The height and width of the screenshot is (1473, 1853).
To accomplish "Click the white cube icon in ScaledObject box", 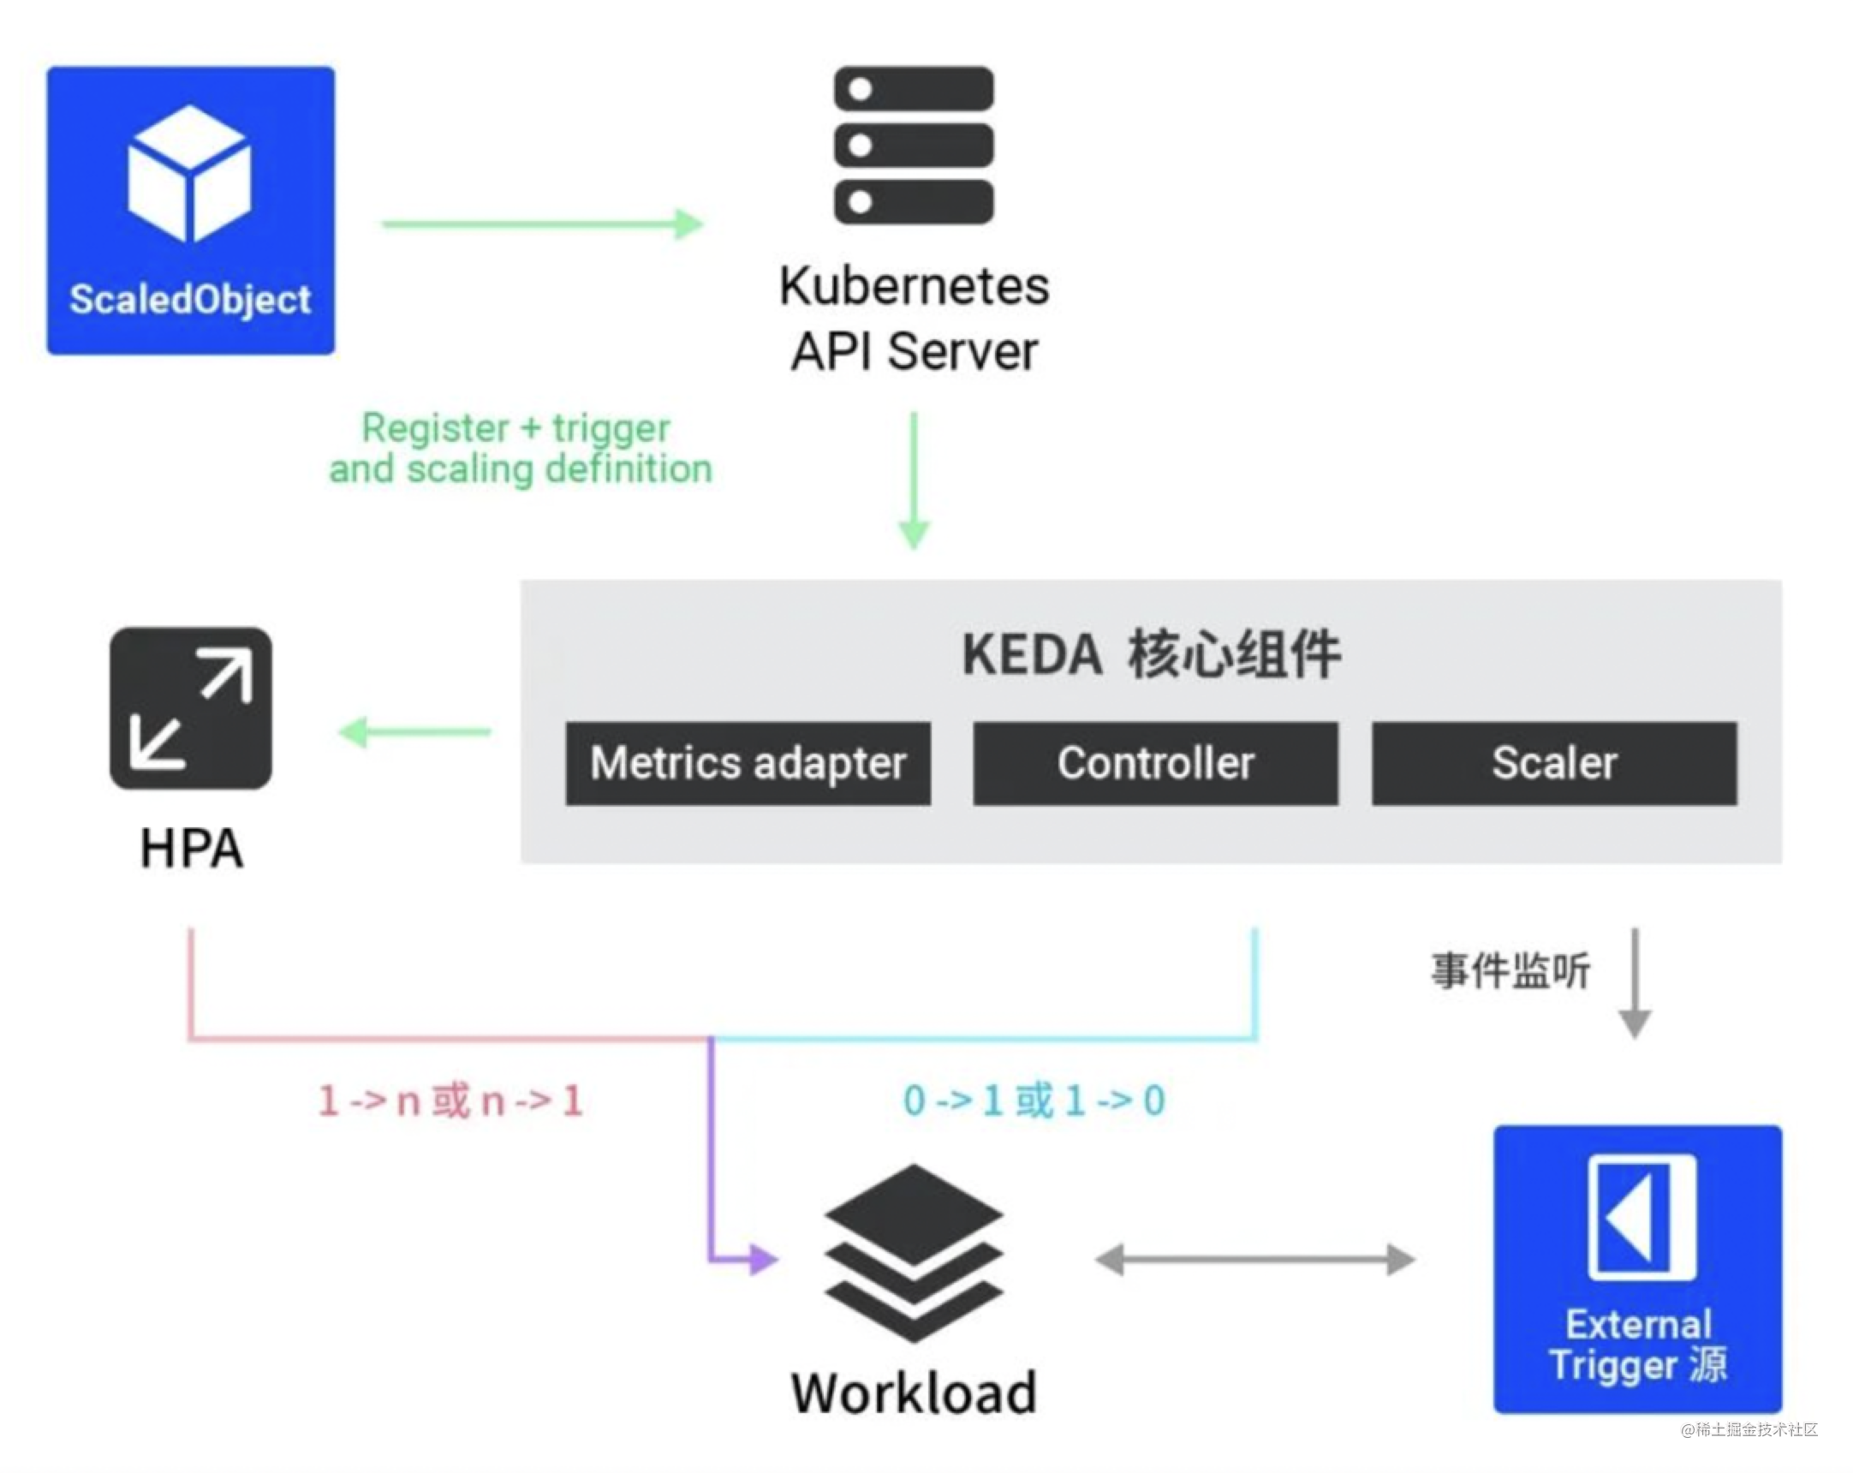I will [189, 174].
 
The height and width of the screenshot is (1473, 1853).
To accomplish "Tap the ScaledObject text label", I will [190, 299].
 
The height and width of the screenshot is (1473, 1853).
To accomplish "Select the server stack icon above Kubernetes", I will [914, 146].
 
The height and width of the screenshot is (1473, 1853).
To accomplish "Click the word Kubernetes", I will [914, 285].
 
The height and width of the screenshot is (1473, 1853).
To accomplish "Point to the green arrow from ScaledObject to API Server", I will [542, 224].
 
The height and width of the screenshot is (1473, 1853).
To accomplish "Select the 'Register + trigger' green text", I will [515, 428].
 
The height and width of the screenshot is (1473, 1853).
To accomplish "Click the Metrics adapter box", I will [748, 763].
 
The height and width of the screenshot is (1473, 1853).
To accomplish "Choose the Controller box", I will [1155, 763].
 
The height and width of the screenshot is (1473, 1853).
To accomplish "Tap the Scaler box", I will [1554, 763].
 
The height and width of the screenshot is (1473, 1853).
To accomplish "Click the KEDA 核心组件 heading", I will [1151, 655].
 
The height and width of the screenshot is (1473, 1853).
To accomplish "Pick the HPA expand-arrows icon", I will [191, 708].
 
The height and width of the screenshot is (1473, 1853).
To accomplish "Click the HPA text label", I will [192, 849].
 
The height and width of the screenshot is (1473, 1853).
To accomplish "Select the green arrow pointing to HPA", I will [415, 732].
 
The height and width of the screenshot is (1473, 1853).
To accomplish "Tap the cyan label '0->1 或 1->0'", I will [1034, 1100].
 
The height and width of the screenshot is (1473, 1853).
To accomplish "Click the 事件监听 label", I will [1510, 971].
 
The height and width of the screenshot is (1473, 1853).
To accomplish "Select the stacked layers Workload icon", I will [914, 1253].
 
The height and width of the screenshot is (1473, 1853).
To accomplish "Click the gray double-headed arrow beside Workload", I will [1254, 1260].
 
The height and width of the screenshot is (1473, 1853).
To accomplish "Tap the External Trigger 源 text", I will [1638, 1344].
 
